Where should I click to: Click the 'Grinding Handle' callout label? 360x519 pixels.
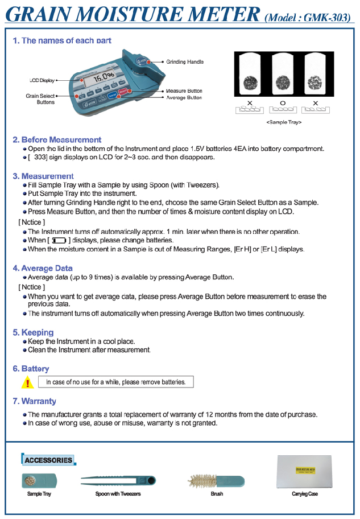(184, 61)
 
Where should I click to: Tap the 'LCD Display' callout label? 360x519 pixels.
(39, 80)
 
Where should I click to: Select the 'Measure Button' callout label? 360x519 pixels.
(184, 90)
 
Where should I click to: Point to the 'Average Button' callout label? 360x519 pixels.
(184, 97)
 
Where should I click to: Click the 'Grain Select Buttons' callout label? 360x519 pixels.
(40, 99)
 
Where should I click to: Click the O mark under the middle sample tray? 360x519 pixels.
(283, 102)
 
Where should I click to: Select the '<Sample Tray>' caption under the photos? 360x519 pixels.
(283, 122)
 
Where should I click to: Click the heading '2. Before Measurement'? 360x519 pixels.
(57, 139)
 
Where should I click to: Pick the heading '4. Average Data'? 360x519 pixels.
(43, 268)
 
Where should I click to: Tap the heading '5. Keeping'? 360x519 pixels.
(33, 332)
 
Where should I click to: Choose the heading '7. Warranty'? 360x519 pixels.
(34, 401)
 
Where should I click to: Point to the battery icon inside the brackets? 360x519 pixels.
(59, 241)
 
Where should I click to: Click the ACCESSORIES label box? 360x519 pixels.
(48, 459)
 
